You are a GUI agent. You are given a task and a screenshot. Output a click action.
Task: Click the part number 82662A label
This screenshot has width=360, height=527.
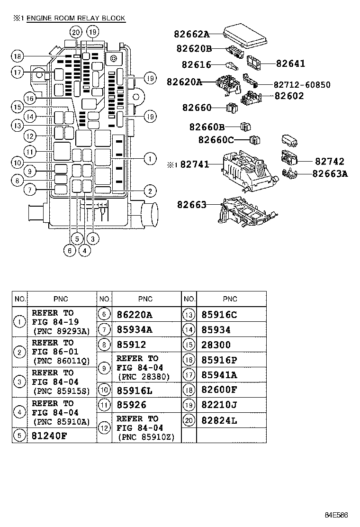coord(191,34)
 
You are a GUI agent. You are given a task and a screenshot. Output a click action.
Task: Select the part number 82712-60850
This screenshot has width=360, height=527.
coord(302,85)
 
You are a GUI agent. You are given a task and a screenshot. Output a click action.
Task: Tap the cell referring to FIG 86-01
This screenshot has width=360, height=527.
coord(61,351)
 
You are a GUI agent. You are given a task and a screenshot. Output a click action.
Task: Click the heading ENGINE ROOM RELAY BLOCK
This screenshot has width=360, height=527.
coord(76,18)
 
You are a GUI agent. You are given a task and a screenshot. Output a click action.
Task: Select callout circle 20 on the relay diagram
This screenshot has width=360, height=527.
coord(76,32)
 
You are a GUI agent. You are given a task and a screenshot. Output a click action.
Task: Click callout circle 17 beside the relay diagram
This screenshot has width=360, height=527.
coord(18,73)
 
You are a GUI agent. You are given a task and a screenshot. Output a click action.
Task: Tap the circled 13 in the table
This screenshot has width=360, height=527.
coord(189,315)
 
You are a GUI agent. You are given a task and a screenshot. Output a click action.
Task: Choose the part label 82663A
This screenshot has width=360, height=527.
coord(330,173)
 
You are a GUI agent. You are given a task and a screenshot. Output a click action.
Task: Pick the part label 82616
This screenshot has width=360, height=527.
coord(196,65)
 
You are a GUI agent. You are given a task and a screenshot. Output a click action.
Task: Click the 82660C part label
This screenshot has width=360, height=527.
coord(216,140)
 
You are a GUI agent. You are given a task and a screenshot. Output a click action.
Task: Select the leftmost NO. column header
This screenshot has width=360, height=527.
coord(20,299)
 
